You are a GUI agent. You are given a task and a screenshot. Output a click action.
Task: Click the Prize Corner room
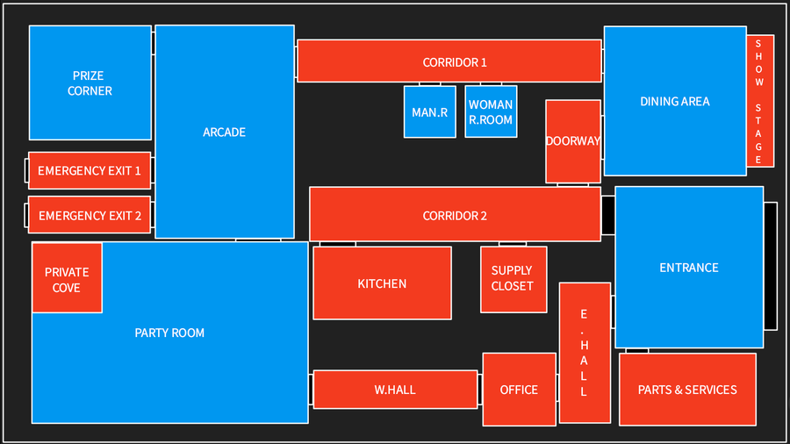pyautogui.click(x=90, y=82)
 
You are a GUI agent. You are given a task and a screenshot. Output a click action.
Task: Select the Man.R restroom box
pyautogui.click(x=430, y=111)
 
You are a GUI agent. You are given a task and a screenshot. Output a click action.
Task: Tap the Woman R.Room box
pyautogui.click(x=491, y=111)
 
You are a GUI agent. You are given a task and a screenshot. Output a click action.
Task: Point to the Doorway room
pyautogui.click(x=573, y=141)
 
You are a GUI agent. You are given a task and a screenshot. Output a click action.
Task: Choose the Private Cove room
pyautogui.click(x=67, y=278)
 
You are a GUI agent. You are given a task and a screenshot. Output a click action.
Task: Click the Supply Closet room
pyautogui.click(x=513, y=279)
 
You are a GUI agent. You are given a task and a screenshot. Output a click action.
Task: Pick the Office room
pyautogui.click(x=520, y=389)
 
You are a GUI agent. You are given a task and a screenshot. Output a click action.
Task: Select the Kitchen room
pyautogui.click(x=382, y=283)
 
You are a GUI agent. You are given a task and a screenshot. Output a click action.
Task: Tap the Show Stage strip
pyautogui.click(x=760, y=101)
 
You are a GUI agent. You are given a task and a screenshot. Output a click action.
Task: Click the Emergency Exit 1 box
pyautogui.click(x=90, y=170)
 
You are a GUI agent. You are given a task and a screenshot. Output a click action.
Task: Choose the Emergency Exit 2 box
pyautogui.click(x=90, y=215)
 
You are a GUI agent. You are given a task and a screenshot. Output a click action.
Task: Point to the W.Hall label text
pyautogui.click(x=395, y=390)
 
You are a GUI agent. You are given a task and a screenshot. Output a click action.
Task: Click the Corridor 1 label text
pyautogui.click(x=455, y=62)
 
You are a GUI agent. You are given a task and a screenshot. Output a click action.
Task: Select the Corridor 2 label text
pyautogui.click(x=455, y=216)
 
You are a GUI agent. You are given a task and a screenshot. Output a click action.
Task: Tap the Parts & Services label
pyautogui.click(x=687, y=390)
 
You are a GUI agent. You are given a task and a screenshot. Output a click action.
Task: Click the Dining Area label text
pyautogui.click(x=675, y=101)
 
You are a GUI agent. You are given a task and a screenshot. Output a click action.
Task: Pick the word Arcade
pyautogui.click(x=224, y=132)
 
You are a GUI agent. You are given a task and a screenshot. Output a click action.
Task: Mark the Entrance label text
pyautogui.click(x=689, y=268)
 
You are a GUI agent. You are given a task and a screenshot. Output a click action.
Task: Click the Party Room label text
pyautogui.click(x=169, y=333)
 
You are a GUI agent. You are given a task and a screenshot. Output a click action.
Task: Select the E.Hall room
pyautogui.click(x=585, y=353)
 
